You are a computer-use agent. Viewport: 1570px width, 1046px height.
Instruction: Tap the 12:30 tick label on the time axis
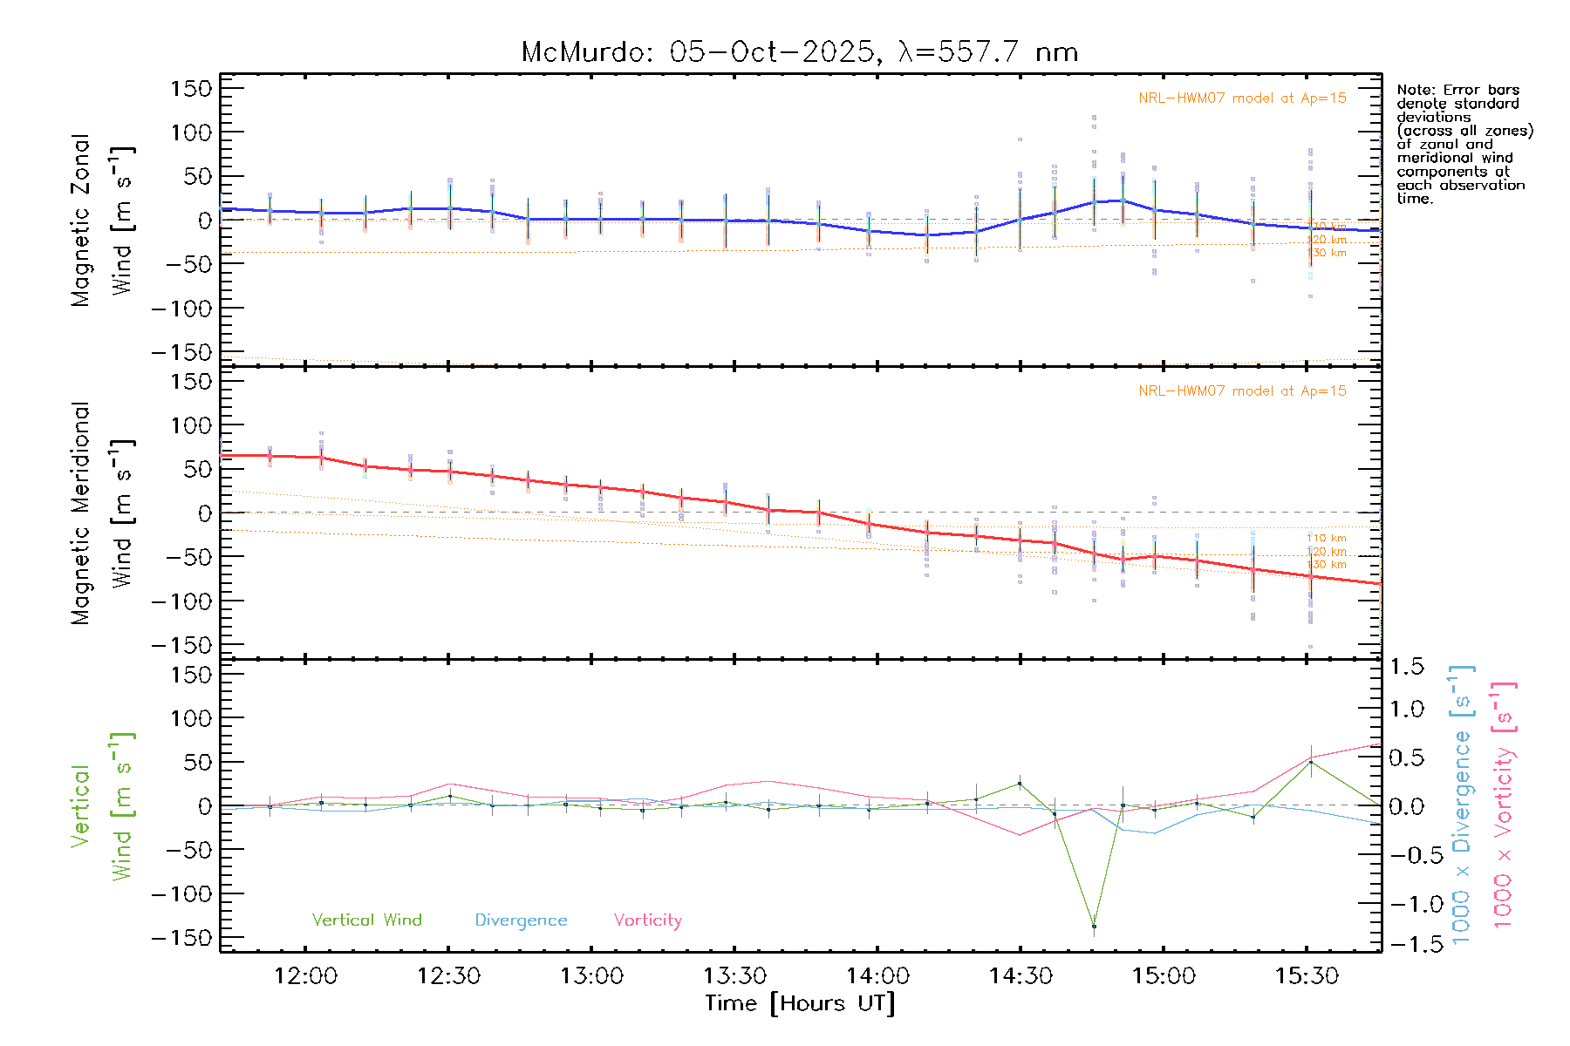point(448,976)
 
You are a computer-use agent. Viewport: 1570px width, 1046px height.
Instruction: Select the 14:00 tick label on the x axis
point(877,976)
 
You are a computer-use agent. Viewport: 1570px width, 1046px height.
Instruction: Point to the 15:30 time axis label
point(1307,976)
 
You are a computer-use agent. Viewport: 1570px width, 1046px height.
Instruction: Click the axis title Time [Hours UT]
point(800,1003)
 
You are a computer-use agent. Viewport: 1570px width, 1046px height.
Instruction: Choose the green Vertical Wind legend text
point(366,920)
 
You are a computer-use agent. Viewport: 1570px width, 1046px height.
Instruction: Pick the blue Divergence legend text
point(521,920)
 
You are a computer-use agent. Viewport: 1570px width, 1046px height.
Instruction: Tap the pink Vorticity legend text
point(647,920)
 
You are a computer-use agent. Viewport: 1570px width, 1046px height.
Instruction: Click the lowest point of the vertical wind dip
point(1094,926)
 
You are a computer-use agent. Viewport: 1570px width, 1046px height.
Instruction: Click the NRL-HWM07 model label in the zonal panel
point(1242,98)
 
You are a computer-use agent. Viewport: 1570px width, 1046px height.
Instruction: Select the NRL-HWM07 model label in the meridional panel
point(1242,391)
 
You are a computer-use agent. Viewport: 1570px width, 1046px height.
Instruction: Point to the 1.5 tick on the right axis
point(1406,667)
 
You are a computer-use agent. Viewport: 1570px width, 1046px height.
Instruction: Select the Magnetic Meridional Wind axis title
point(102,513)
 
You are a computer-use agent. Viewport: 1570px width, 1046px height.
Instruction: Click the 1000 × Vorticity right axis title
point(1504,805)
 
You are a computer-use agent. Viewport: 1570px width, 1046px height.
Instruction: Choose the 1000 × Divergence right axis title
point(1462,805)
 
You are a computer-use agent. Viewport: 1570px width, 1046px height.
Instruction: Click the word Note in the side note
point(1413,90)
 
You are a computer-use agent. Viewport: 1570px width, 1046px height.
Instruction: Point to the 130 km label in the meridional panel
point(1326,565)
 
